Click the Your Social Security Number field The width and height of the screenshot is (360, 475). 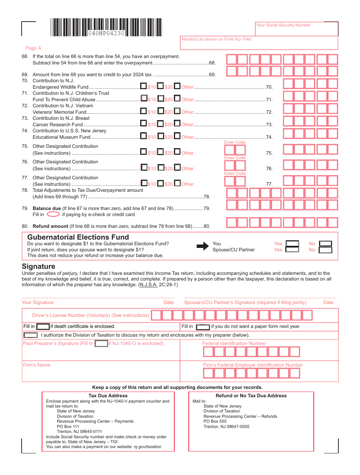click(296, 29)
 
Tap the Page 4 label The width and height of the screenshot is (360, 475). click(33, 48)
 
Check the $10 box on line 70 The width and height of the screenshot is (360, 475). click(144, 86)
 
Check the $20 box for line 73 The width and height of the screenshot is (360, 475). click(161, 124)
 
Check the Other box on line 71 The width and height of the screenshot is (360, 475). click(177, 99)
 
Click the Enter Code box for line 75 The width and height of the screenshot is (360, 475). click(235, 150)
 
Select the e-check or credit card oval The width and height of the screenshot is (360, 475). click(53, 214)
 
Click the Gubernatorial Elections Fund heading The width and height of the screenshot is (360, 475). click(78, 237)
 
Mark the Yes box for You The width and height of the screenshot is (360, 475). click(292, 244)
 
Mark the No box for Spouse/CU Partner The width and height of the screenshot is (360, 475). click(326, 250)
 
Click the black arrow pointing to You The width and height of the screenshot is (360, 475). click(203, 246)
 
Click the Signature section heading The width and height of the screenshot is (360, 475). click(38, 267)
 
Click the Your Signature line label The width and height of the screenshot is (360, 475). click(38, 303)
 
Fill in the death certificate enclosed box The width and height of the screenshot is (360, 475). click(43, 326)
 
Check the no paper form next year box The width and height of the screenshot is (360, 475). click(203, 327)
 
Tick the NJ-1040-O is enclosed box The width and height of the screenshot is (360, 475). click(101, 343)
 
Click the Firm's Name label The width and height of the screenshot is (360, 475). click(36, 365)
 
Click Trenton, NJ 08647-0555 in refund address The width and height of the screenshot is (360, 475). click(226, 426)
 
